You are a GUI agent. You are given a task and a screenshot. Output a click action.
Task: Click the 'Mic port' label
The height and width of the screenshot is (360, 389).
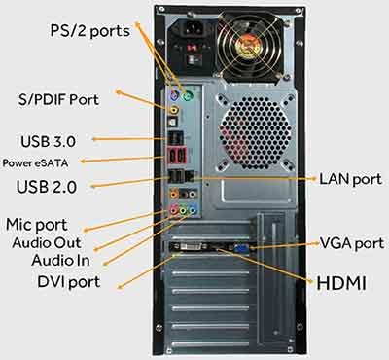point(45,224)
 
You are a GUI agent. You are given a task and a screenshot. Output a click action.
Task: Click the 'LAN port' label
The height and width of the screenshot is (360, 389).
point(352,179)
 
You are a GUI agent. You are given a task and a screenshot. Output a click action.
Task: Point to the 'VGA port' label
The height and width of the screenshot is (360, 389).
point(351,242)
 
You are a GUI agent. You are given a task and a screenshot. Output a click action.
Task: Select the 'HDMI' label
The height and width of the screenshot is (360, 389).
point(343,283)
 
